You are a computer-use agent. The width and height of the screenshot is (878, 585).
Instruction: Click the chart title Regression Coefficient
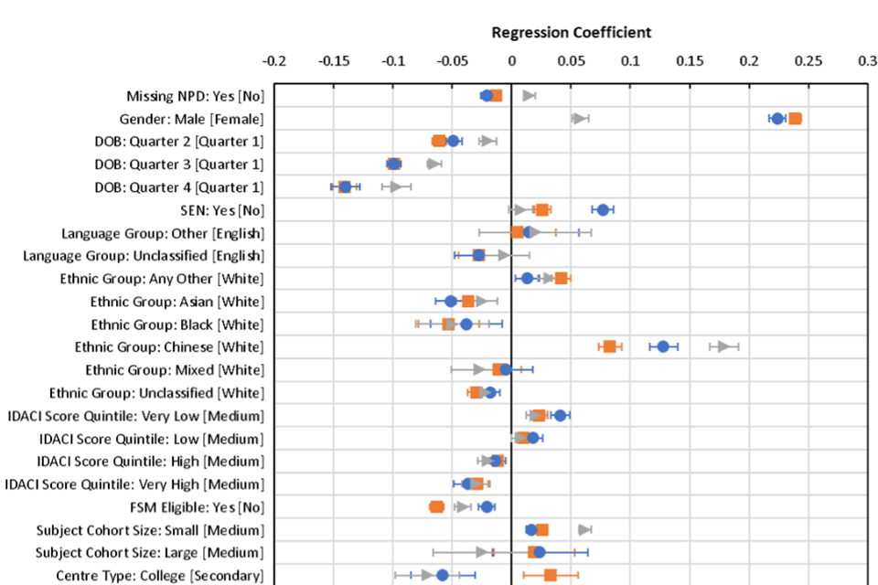[x=571, y=33]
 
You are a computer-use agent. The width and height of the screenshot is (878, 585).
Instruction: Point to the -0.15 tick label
[x=333, y=62]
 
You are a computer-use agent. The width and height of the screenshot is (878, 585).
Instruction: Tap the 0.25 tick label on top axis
[x=808, y=62]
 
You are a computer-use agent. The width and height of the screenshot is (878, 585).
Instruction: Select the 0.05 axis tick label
[x=571, y=62]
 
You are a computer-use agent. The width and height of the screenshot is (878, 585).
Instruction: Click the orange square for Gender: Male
[x=795, y=119]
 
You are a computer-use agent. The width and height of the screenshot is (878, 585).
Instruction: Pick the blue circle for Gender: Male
[x=777, y=119]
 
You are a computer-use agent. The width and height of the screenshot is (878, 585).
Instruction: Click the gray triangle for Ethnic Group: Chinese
[x=723, y=346]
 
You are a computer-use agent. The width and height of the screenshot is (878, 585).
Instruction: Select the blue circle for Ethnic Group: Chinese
[x=663, y=346]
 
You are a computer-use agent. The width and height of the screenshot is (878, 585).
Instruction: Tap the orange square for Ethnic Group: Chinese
[x=609, y=346]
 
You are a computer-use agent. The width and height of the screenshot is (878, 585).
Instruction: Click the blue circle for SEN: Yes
[x=603, y=209]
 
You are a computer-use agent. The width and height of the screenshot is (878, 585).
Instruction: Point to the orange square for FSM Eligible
[x=436, y=507]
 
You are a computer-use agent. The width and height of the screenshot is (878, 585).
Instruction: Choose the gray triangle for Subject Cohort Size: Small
[x=584, y=529]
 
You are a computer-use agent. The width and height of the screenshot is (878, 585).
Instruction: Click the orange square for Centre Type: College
[x=550, y=575]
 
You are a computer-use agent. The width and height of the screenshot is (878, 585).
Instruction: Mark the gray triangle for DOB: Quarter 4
[x=395, y=186]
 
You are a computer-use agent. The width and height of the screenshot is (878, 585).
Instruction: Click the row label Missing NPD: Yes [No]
[x=195, y=96]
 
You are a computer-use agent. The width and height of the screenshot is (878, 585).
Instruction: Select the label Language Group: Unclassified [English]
[x=144, y=256]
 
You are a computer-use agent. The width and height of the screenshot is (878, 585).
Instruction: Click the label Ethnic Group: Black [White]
[x=177, y=324]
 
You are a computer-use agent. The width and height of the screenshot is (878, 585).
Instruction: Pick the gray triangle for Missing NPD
[x=528, y=95]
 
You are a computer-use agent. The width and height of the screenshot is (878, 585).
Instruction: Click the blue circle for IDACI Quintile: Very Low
[x=561, y=416]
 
